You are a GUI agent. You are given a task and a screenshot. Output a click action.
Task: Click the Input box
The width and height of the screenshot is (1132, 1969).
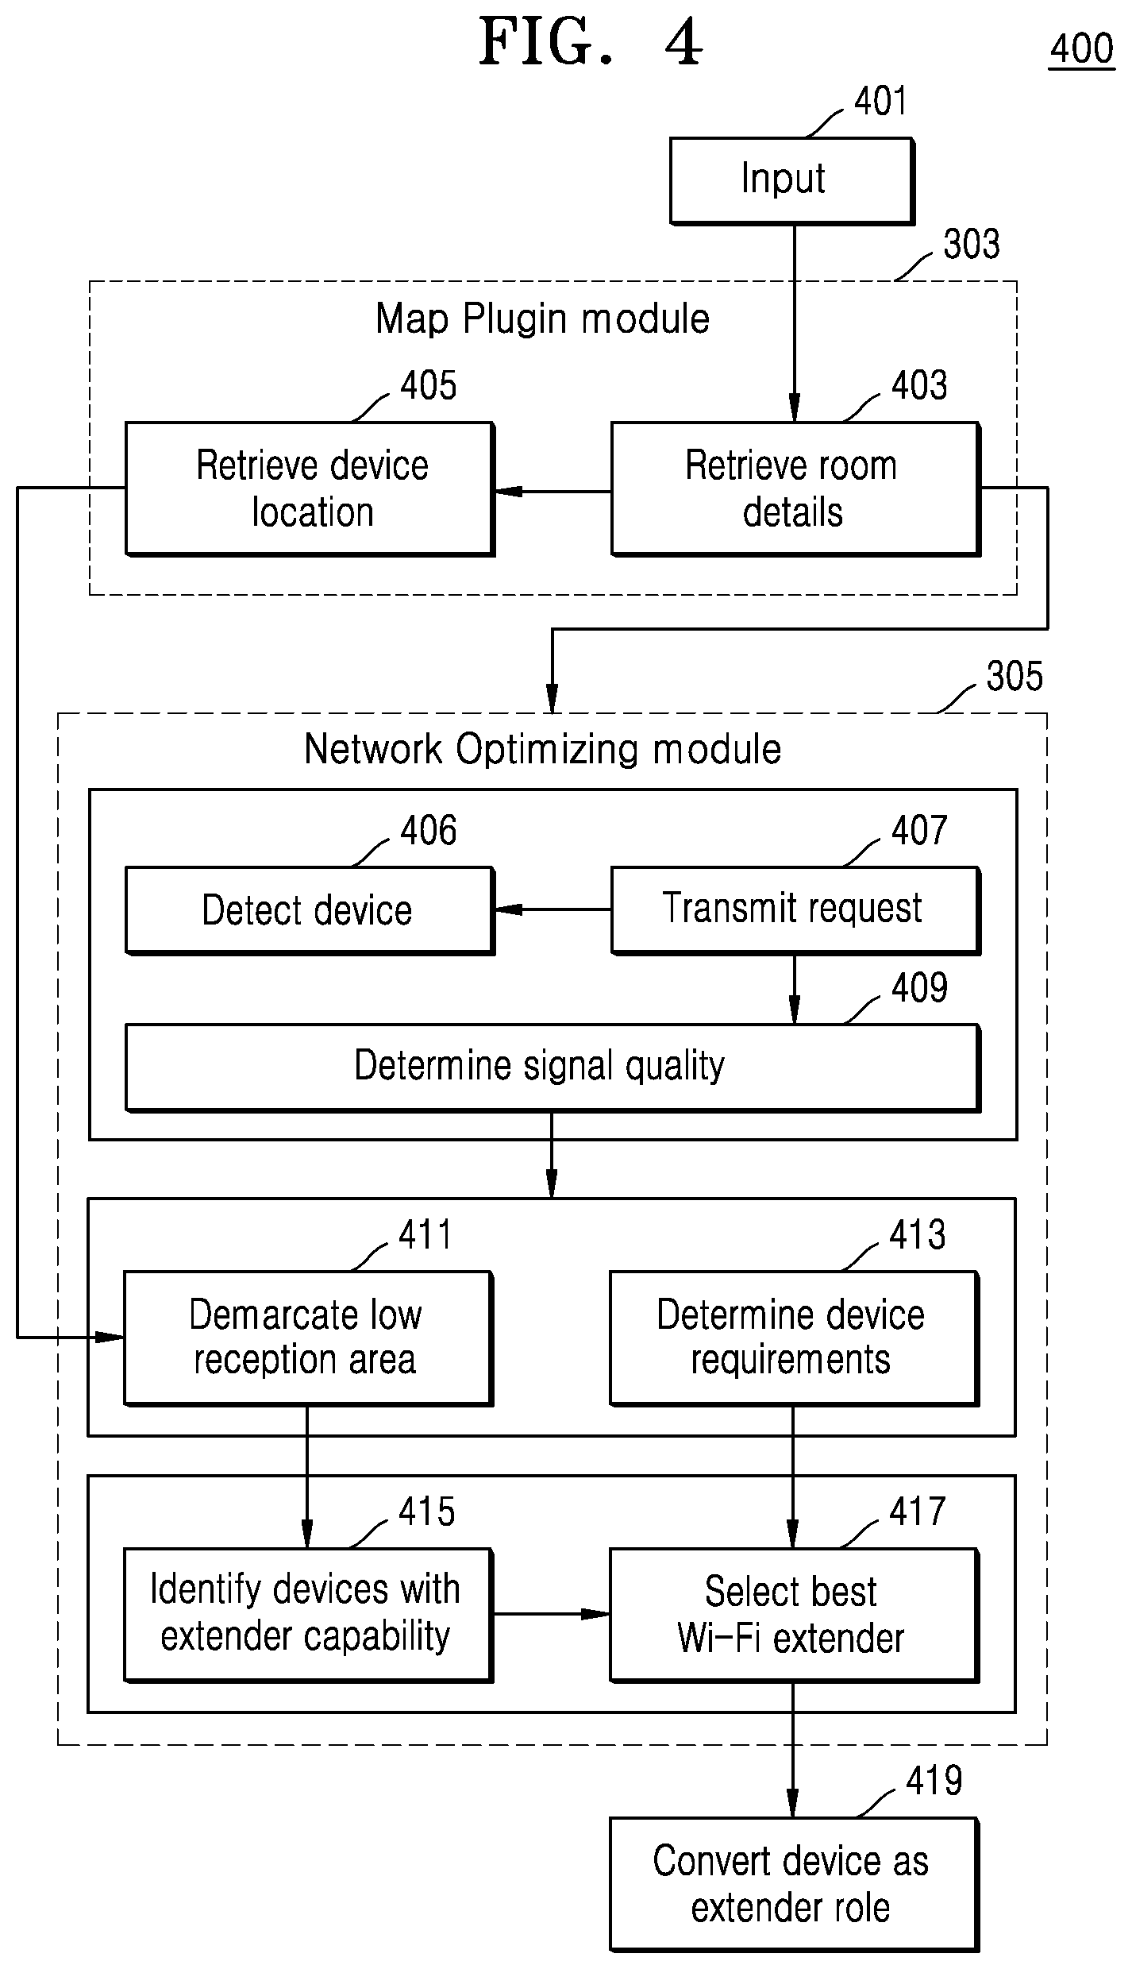tap(791, 180)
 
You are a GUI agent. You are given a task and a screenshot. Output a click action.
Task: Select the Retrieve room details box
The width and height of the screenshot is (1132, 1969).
tap(795, 488)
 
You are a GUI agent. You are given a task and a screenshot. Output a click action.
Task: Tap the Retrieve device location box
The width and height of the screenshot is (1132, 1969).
tap(310, 488)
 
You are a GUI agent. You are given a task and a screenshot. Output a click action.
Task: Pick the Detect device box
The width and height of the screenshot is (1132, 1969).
tap(310, 910)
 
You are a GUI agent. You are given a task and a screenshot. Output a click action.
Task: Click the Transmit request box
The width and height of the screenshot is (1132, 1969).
tap(795, 910)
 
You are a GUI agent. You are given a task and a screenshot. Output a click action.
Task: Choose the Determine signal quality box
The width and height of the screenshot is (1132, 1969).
tap(553, 1068)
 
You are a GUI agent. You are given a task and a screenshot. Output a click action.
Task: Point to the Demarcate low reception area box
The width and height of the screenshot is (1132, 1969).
tap(308, 1338)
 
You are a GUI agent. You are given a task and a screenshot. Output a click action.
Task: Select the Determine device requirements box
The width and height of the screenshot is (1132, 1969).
tap(794, 1338)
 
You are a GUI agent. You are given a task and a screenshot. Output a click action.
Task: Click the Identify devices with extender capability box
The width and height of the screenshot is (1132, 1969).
tap(308, 1615)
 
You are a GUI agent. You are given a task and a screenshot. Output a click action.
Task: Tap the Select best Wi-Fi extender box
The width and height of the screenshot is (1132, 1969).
tap(794, 1615)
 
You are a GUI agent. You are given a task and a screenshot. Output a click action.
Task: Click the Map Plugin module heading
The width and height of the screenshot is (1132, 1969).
tap(543, 319)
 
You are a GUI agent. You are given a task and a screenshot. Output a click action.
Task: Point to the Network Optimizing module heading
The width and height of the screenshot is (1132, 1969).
tap(543, 749)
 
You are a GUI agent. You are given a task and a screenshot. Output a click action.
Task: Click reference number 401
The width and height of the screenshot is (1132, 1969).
tap(880, 102)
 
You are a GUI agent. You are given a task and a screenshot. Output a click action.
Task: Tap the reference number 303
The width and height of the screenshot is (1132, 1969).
tap(971, 244)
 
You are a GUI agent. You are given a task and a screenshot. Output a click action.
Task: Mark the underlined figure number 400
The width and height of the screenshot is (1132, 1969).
tap(1082, 49)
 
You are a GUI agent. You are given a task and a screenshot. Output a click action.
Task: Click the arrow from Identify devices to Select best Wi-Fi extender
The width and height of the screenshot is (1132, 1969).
tap(552, 1614)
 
